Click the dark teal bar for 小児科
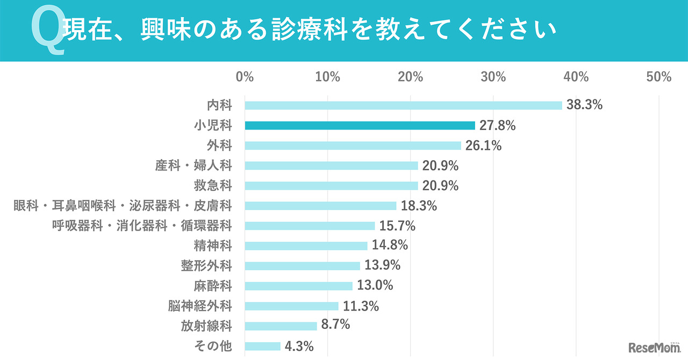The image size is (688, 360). click(x=360, y=125)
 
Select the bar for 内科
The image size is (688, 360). click(x=403, y=105)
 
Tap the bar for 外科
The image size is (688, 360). click(x=353, y=146)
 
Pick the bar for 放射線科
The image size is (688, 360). click(x=281, y=326)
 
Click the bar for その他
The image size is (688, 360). click(x=262, y=346)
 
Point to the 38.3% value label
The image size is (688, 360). click(x=584, y=105)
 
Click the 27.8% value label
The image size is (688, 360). click(x=498, y=126)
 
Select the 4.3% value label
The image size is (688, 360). click(x=299, y=346)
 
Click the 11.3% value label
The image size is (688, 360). click(x=361, y=306)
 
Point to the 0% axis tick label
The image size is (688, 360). click(x=245, y=77)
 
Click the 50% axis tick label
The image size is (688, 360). click(x=658, y=77)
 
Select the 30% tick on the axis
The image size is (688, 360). click(x=493, y=77)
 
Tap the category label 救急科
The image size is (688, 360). click(x=213, y=186)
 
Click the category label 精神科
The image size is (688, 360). click(x=213, y=246)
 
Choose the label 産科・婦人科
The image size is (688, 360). click(x=193, y=165)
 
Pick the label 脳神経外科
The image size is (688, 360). click(x=200, y=306)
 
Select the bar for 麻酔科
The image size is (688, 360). click(x=298, y=286)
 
